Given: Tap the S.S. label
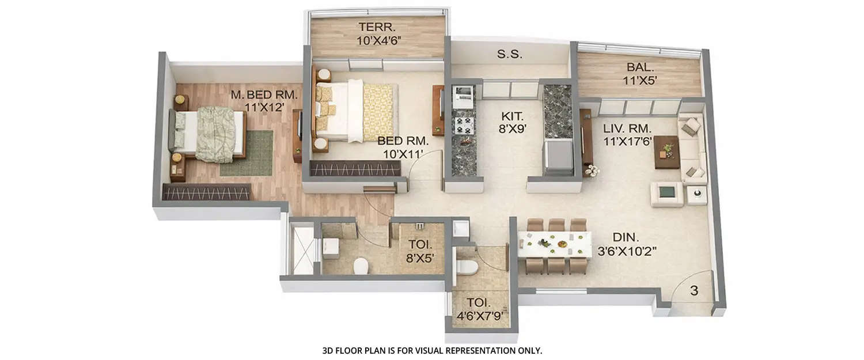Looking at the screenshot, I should coord(509,55).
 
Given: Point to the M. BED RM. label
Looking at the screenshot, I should coord(263,100).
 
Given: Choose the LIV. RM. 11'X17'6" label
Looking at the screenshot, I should coord(627,134).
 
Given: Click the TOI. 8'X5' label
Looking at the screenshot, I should coord(419,252).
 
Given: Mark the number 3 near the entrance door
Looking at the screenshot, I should coord(694,291).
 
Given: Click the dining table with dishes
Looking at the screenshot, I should coord(554,244).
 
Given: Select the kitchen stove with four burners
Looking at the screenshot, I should coord(464,125).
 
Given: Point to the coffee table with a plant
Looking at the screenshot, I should coord(666,151).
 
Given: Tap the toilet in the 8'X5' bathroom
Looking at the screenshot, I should coord(361,266).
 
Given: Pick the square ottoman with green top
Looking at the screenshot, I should coord(667,194).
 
